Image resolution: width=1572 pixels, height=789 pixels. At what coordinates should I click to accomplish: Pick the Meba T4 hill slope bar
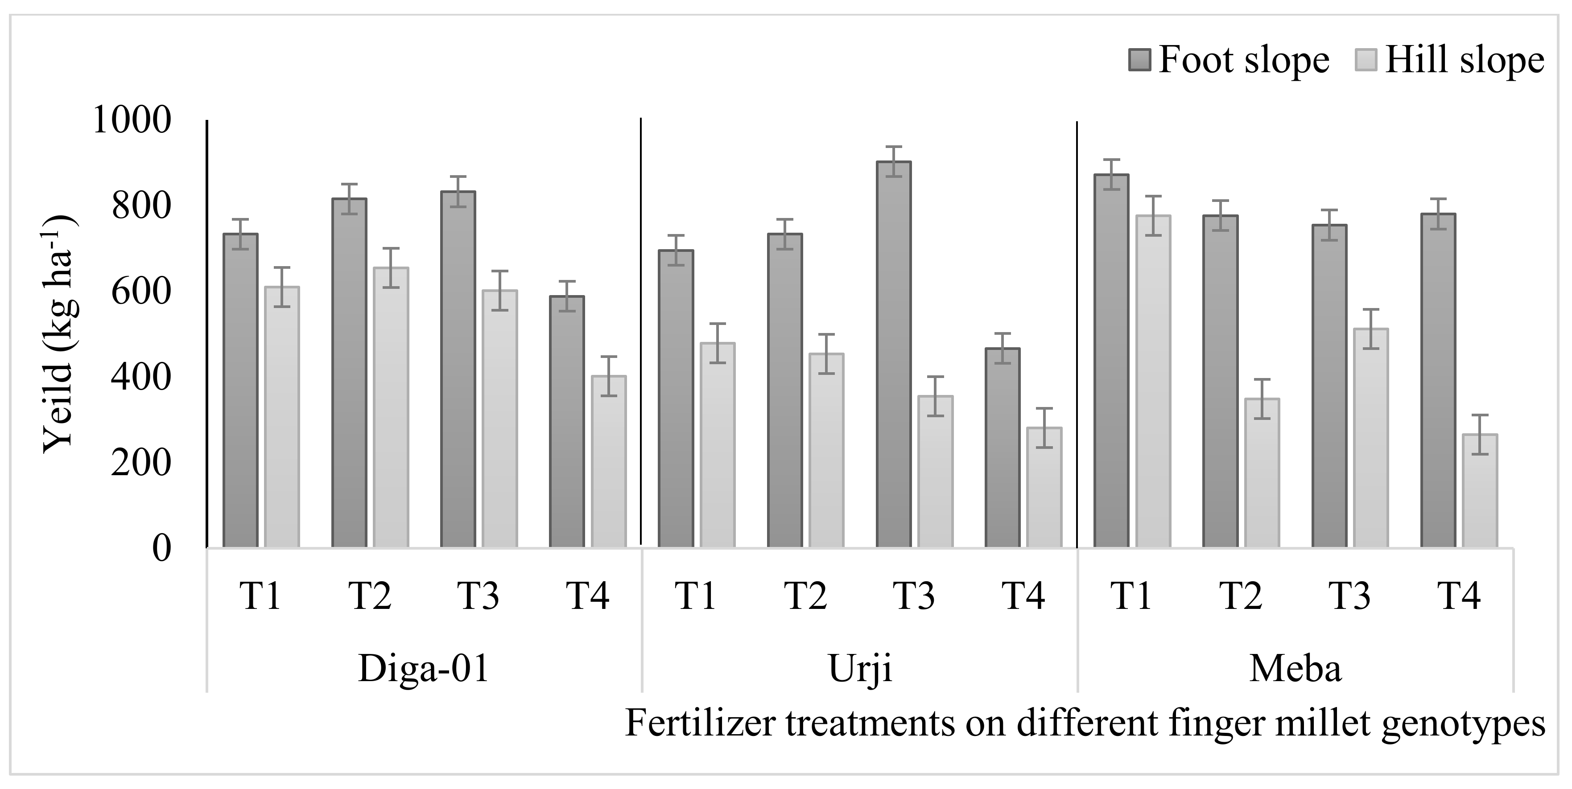coord(1480,491)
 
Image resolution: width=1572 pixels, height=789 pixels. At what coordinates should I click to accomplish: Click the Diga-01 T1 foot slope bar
coord(240,390)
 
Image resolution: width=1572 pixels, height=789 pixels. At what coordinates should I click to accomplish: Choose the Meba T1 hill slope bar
coord(1153,382)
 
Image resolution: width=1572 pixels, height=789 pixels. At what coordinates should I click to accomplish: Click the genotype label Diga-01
coord(424,669)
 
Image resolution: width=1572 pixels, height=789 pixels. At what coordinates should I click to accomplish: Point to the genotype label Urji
coord(860,669)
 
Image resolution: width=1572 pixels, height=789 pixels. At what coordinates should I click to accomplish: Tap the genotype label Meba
coord(1296,669)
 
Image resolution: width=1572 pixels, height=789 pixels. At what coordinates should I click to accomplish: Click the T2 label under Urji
coord(805,596)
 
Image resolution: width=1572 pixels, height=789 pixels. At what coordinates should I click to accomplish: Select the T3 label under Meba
coord(1350,596)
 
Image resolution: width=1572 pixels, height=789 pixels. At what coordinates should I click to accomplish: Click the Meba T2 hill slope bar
coord(1262,473)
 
